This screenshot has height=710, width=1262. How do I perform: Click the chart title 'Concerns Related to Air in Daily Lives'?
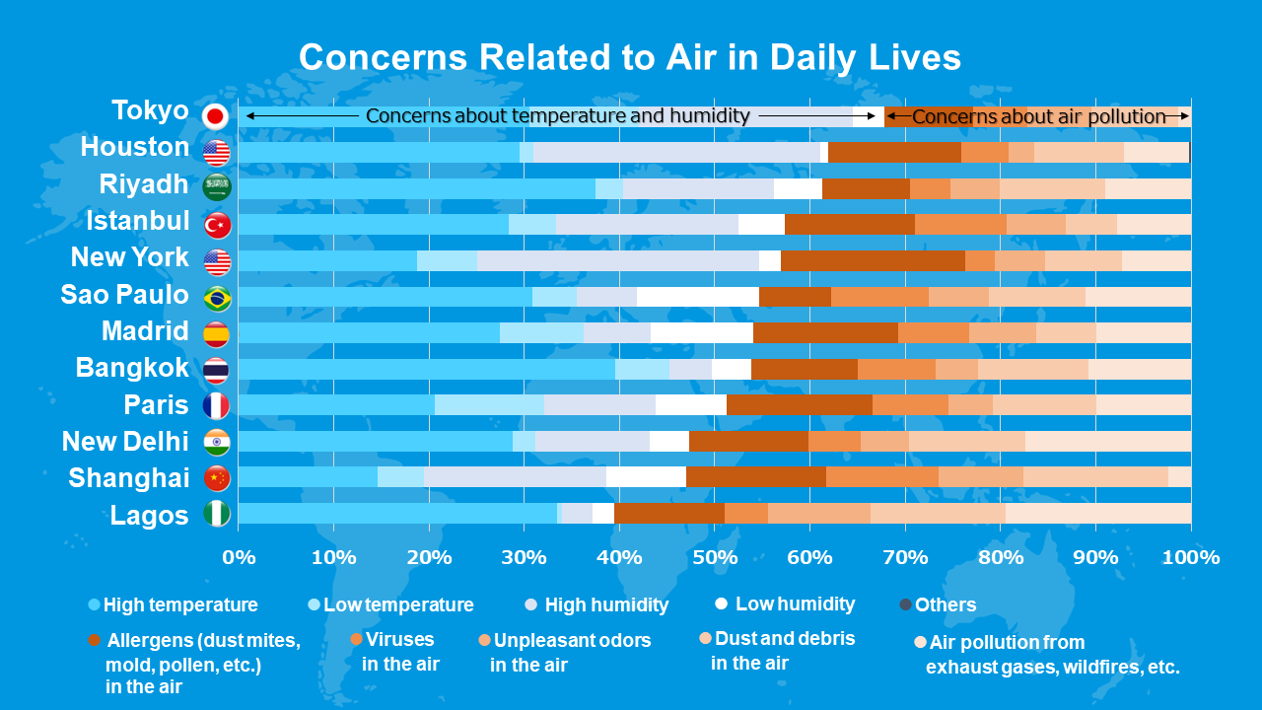(x=630, y=57)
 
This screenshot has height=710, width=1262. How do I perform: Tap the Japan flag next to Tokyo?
(x=216, y=116)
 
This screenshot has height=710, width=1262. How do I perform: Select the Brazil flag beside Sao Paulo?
(x=216, y=298)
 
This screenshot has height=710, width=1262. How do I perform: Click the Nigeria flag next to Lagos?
(x=216, y=514)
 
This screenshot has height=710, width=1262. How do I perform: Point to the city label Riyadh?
(x=144, y=184)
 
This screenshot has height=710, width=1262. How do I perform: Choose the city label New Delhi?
(x=125, y=441)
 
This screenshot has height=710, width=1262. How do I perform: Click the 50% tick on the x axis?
(x=715, y=557)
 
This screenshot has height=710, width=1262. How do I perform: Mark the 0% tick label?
(x=239, y=557)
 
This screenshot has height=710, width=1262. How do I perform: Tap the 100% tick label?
(x=1191, y=557)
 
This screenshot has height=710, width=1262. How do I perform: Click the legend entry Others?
(x=945, y=604)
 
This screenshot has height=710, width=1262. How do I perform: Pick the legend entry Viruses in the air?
(x=398, y=652)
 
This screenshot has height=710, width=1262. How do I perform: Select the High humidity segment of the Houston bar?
(x=676, y=152)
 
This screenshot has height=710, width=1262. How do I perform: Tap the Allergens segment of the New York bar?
(x=873, y=260)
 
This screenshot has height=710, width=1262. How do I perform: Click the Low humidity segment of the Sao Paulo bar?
(x=697, y=297)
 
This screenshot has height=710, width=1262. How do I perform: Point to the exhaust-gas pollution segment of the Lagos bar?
(x=1098, y=513)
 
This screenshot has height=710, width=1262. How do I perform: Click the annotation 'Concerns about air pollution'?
(x=1038, y=116)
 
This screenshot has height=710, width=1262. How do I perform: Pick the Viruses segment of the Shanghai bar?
(x=881, y=477)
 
